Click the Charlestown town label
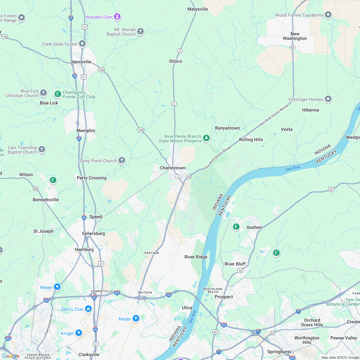173,168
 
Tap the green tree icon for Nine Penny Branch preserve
206,138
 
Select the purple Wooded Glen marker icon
118,16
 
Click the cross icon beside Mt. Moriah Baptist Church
140,32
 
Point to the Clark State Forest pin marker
82,44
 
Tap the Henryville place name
81,62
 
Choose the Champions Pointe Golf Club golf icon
58,94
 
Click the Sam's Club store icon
88,309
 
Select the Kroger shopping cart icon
79,333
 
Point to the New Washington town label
295,36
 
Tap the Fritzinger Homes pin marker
328,99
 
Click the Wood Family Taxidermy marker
328,15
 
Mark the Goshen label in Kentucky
254,227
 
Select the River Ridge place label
196,257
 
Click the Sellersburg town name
93,233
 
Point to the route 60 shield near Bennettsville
35,188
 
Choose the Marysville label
198,9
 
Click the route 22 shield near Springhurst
273,333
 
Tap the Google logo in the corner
11,356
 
